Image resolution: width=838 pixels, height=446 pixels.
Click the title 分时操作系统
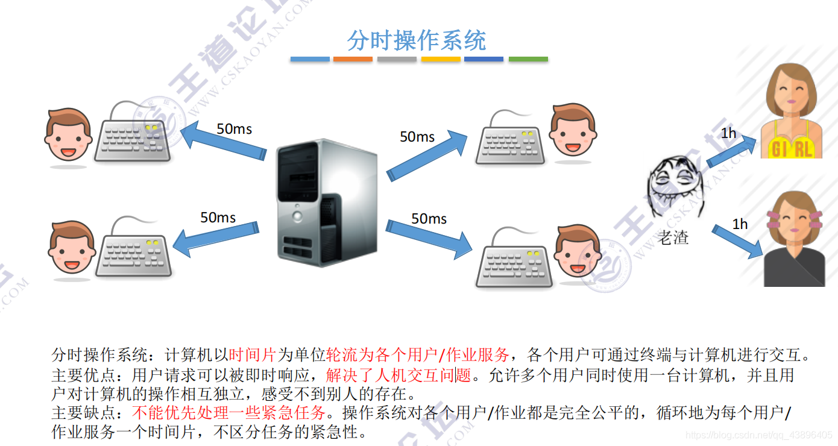[x=416, y=41]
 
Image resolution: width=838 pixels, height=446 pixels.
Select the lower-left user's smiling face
[x=71, y=248]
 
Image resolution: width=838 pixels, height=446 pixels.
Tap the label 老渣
[x=673, y=237]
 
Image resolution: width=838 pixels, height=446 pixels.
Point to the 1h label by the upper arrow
[x=728, y=133]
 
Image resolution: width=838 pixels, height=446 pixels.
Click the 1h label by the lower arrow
[x=740, y=224]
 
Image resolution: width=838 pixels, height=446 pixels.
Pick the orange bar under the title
[x=353, y=59]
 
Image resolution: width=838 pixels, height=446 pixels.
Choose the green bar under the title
[x=528, y=59]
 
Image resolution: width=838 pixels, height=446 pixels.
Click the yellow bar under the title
[x=441, y=59]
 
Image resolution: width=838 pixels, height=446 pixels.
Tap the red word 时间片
[x=253, y=354]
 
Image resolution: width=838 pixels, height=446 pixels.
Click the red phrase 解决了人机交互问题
[x=399, y=375]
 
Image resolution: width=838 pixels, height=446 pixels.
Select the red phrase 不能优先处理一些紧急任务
[x=229, y=413]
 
